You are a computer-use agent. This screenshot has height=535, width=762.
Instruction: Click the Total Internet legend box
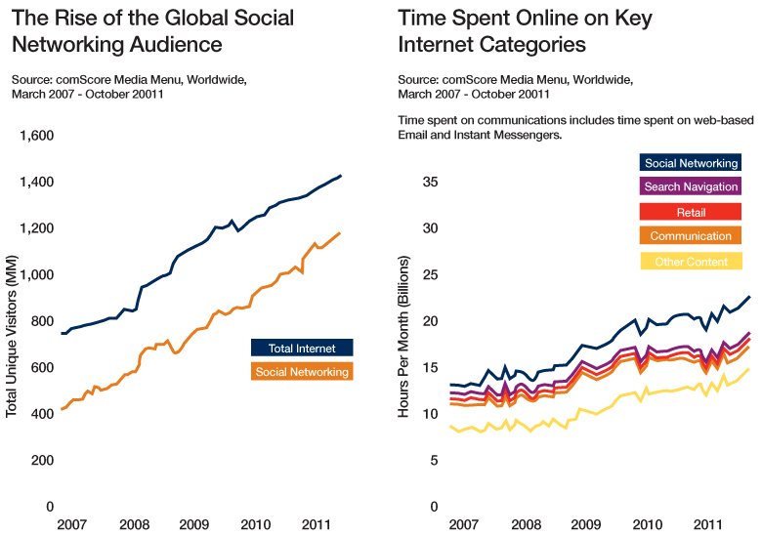[x=301, y=348]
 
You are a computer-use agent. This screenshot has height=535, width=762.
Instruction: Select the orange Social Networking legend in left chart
[x=301, y=372]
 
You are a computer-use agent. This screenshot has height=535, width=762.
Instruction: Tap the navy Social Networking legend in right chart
[x=691, y=163]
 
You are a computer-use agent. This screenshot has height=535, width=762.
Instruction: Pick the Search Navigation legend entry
[x=691, y=186]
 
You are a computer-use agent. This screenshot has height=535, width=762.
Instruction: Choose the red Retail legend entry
[x=691, y=212]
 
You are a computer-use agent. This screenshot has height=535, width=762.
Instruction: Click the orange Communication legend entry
[x=691, y=236]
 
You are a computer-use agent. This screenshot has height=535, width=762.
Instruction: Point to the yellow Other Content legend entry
[x=691, y=262]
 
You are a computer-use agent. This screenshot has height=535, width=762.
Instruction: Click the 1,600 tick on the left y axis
[x=36, y=136]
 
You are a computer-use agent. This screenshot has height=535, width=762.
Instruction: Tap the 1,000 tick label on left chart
[x=36, y=275]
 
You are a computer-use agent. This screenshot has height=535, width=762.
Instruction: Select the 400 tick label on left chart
[x=40, y=415]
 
